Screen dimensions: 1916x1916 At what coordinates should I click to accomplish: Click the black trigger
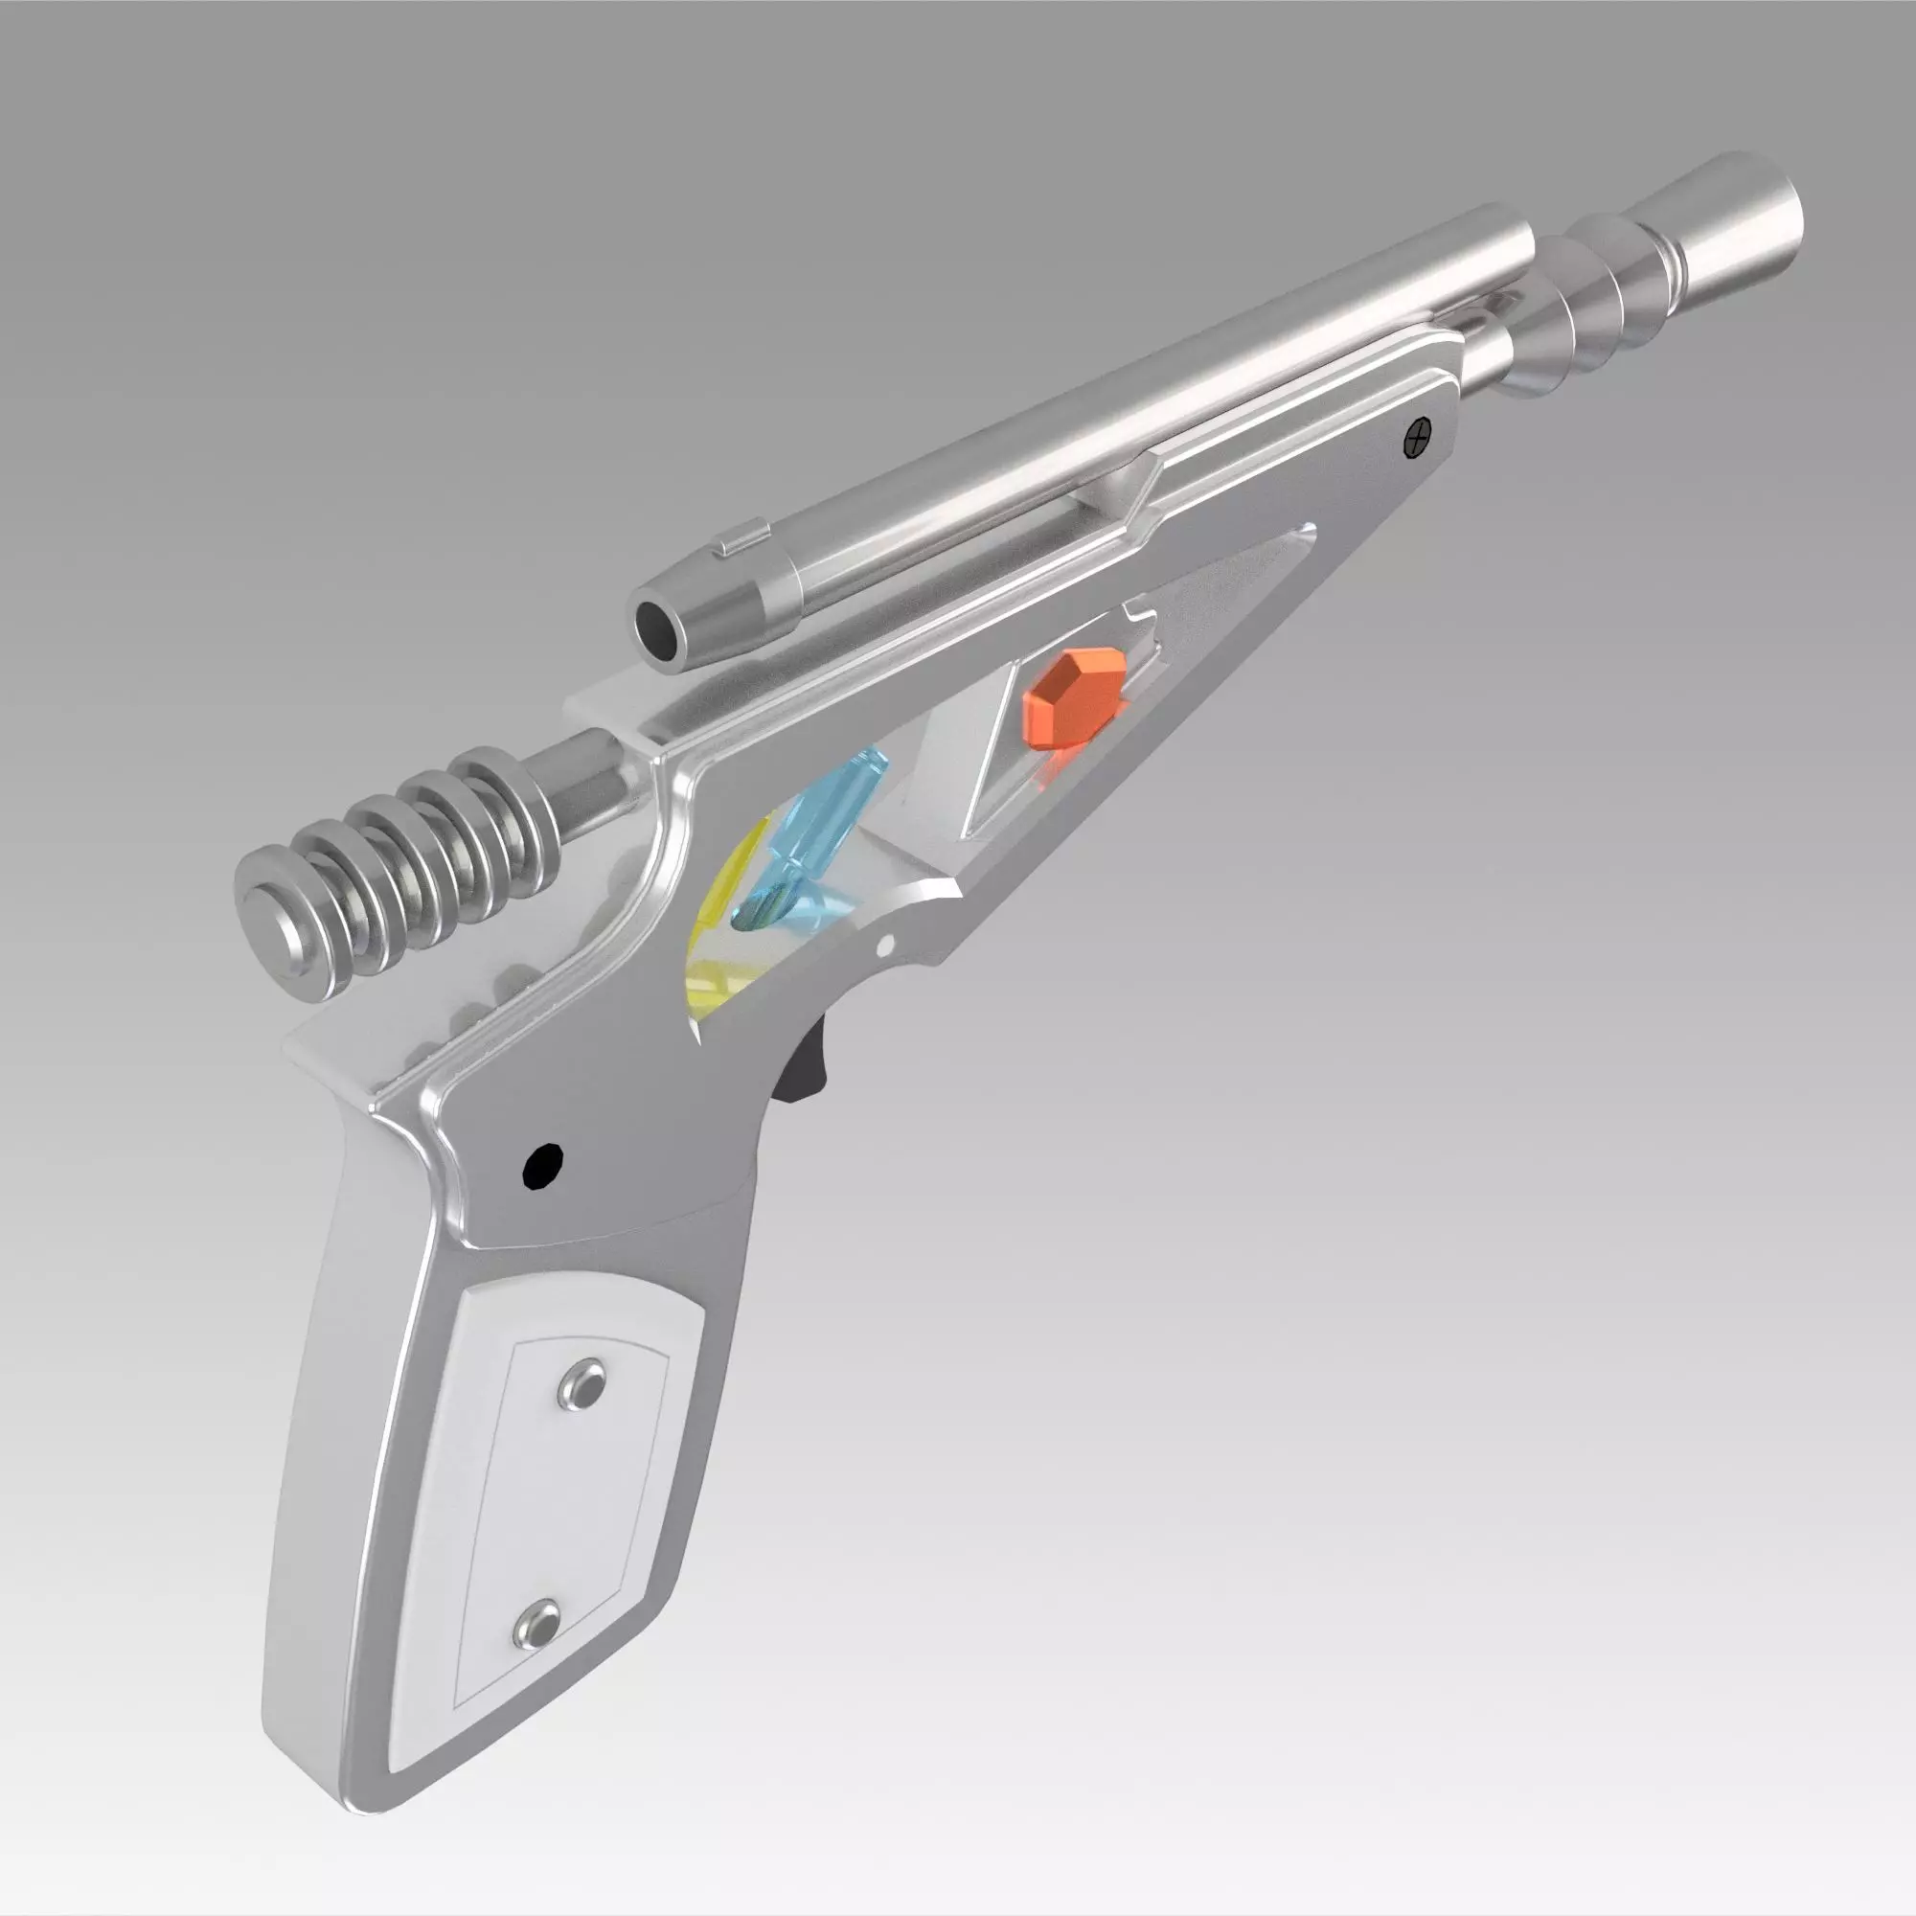point(808,1067)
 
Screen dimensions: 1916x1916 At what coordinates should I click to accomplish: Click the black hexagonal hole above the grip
point(542,1164)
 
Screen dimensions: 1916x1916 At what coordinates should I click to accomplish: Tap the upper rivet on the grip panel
point(582,1382)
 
